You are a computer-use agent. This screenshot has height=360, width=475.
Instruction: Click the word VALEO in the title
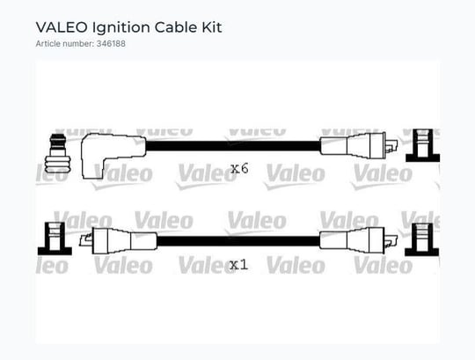pyautogui.click(x=62, y=27)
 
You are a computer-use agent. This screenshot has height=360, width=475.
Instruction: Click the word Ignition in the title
pyautogui.click(x=121, y=28)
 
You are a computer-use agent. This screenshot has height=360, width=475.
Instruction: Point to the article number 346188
pyautogui.click(x=111, y=44)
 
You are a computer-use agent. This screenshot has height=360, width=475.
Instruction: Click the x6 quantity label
pyautogui.click(x=239, y=168)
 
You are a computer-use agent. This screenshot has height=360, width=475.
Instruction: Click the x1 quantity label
pyautogui.click(x=238, y=265)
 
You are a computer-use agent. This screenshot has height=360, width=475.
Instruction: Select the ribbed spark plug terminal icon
pyautogui.click(x=57, y=155)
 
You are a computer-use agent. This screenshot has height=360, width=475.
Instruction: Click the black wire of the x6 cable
pyautogui.click(x=232, y=146)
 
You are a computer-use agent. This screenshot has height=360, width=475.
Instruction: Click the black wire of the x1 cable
pyautogui.click(x=238, y=241)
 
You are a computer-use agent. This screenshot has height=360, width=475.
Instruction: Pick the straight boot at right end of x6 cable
pyautogui.click(x=353, y=146)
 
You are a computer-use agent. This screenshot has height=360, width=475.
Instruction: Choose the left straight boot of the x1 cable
pyautogui.click(x=124, y=241)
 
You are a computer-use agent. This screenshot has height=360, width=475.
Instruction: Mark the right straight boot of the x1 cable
pyautogui.click(x=352, y=241)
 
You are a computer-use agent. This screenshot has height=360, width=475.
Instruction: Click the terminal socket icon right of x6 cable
pyautogui.click(x=423, y=145)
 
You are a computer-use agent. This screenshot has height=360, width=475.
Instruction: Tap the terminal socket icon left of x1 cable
pyautogui.click(x=55, y=239)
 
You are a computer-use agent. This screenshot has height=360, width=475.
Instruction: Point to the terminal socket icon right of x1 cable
pyautogui.click(x=422, y=239)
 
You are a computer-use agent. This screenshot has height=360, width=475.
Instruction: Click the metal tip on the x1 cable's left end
pyautogui.click(x=85, y=240)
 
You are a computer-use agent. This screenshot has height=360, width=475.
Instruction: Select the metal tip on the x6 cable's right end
pyautogui.click(x=391, y=145)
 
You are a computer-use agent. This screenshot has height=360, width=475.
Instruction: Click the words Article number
pyautogui.click(x=65, y=44)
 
